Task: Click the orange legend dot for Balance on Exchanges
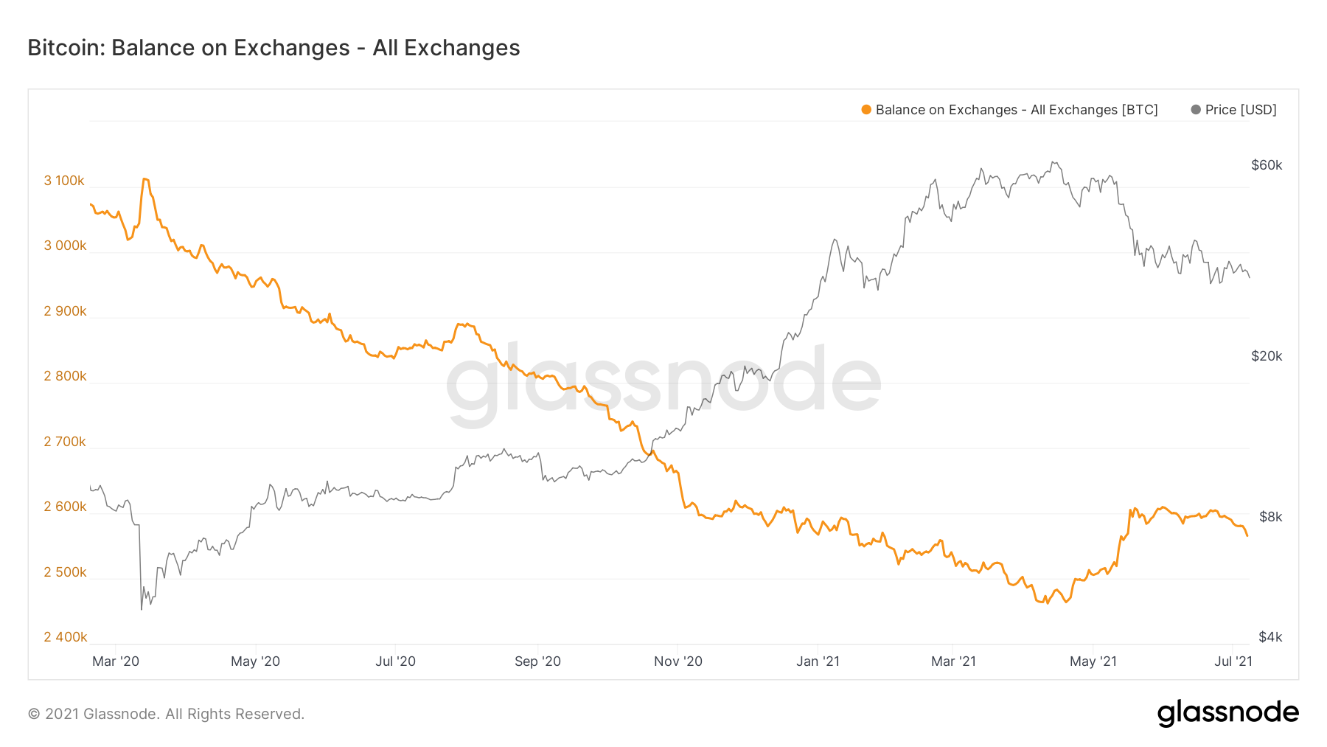866,110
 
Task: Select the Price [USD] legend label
1240,110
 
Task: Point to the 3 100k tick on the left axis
64,181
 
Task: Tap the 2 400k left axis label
65,637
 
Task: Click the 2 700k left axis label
65,442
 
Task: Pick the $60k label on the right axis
1267,165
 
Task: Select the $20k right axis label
1267,356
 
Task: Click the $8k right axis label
1270,517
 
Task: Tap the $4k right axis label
1270,637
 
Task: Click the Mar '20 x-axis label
116,661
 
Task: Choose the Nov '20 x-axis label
678,661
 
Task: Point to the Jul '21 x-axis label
1233,661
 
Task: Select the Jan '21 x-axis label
818,661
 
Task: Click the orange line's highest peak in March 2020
145,178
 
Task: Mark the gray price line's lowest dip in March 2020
142,609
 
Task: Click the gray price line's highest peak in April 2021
1053,162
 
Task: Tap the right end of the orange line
1247,536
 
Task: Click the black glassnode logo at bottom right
1227,713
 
